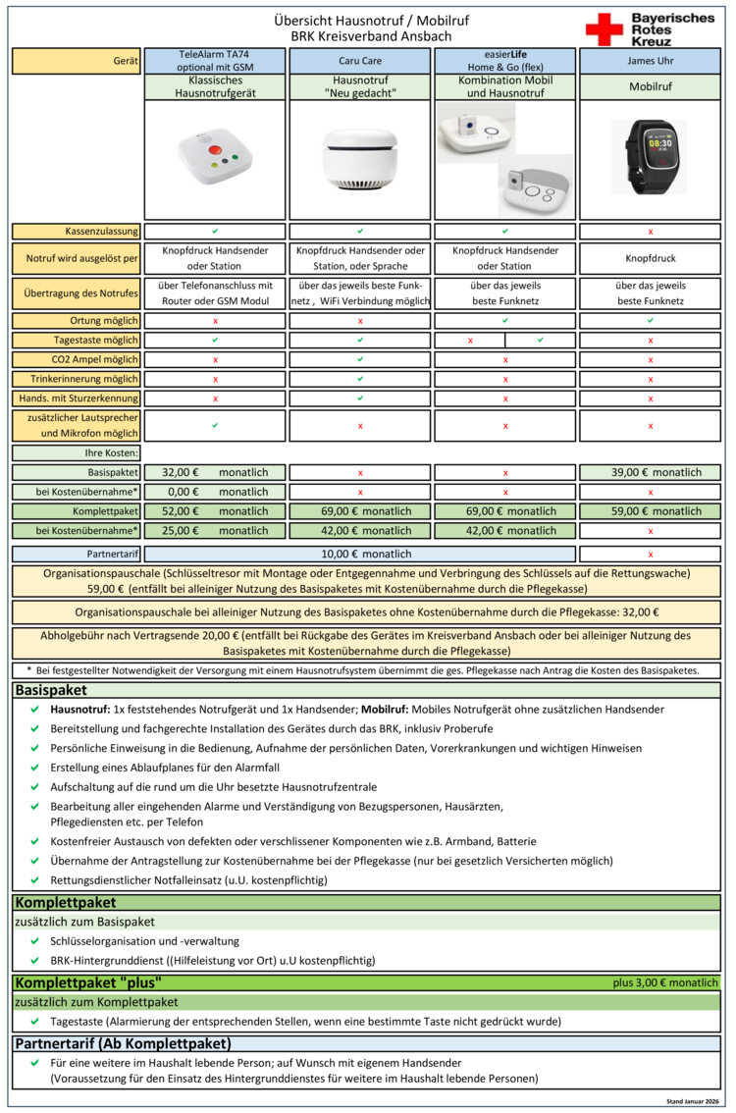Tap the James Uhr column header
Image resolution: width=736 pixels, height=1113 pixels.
point(649,61)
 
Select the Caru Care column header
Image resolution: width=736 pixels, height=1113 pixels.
point(360,61)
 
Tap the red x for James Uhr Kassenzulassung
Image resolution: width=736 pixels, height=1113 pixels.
point(649,232)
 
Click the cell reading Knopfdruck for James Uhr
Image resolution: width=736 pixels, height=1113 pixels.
point(649,259)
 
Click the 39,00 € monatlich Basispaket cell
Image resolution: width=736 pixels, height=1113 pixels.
point(649,472)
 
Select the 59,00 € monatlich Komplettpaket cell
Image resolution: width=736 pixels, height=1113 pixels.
point(649,511)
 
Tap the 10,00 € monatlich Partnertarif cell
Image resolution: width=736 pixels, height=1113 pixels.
point(360,554)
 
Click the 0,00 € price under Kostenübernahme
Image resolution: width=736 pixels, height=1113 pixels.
point(181,492)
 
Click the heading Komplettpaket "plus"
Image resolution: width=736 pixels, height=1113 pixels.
point(88,982)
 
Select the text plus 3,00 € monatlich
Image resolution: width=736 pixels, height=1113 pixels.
point(666,982)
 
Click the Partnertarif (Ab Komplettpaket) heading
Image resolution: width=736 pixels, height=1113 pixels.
point(122,1043)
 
